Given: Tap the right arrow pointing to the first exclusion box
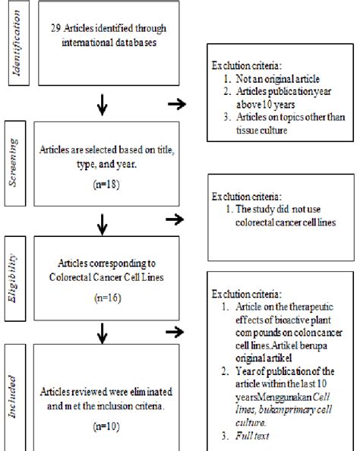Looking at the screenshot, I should tap(175, 104).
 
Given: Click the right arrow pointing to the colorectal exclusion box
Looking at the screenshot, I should tap(175, 219).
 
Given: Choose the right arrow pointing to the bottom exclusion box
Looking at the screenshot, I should tap(175, 332).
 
